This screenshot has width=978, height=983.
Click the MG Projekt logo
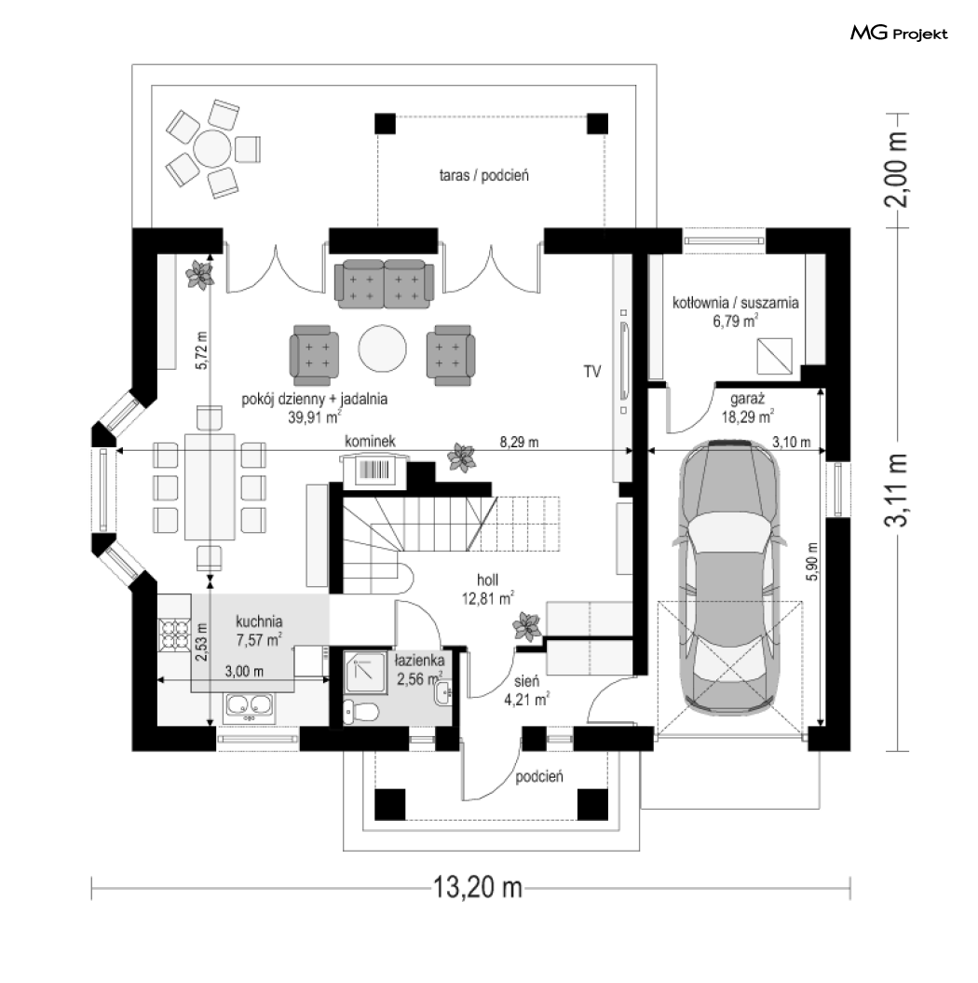click(x=899, y=34)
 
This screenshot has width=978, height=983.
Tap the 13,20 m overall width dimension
click(x=478, y=887)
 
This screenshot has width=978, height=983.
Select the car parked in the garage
click(x=729, y=577)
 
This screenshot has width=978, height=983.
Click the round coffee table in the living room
click(x=382, y=349)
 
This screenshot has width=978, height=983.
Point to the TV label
click(x=592, y=372)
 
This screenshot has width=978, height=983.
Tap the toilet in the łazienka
click(x=361, y=713)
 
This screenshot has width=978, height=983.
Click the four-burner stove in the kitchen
click(x=175, y=634)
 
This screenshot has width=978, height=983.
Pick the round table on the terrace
click(x=212, y=148)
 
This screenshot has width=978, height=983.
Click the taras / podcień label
click(x=483, y=175)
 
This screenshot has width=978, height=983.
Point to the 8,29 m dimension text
click(x=519, y=442)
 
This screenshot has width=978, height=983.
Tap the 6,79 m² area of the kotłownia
click(x=736, y=321)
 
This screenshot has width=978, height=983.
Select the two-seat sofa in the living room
click(x=384, y=284)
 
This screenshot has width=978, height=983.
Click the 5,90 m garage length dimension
click(x=812, y=561)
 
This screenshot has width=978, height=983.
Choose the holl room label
click(x=487, y=580)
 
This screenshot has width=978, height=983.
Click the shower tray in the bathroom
click(x=364, y=675)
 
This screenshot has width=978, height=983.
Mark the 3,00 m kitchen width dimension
click(x=244, y=672)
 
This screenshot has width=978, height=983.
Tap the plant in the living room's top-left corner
click(x=200, y=275)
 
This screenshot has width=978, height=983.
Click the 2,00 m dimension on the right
click(x=896, y=170)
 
